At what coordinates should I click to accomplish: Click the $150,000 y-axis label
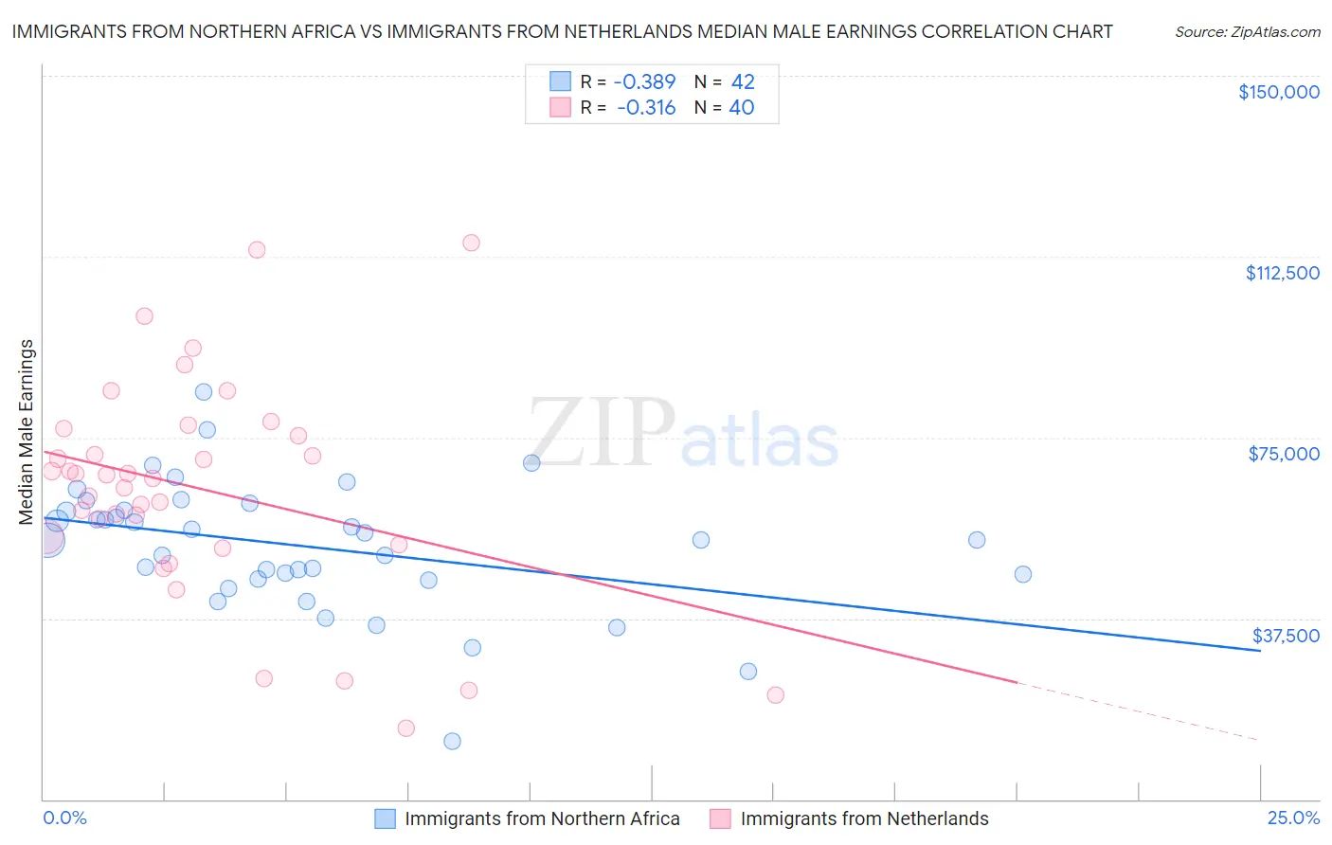coord(1278,92)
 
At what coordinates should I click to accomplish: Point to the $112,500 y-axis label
coord(1282,273)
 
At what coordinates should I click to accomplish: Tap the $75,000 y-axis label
coord(1284,454)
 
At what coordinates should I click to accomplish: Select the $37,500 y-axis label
coord(1286,636)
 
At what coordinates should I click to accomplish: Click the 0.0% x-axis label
coord(64,818)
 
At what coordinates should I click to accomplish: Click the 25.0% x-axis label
coord(1293,818)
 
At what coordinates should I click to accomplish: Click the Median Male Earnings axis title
coord(27,432)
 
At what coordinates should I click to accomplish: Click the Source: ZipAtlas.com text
coord(1247,31)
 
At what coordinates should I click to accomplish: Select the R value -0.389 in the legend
coord(645,81)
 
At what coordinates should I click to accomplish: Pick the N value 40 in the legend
coord(742,107)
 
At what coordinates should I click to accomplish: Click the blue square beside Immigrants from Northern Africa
coord(385,818)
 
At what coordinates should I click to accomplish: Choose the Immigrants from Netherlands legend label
coord(864,818)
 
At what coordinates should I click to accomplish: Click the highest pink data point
coord(471,243)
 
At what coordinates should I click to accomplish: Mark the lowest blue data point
coord(452,741)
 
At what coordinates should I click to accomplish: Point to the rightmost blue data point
coord(1022,574)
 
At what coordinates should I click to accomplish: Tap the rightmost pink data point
coord(775,694)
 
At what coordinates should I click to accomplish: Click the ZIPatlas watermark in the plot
coord(683,435)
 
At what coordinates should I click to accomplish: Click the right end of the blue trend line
coord(1260,651)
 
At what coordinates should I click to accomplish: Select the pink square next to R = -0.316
coord(561,107)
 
